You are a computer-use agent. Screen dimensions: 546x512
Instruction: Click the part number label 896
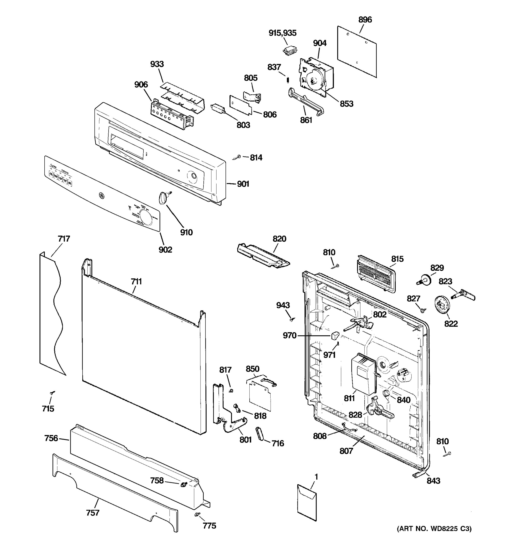point(365,20)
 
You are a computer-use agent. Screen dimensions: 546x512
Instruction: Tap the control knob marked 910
point(163,198)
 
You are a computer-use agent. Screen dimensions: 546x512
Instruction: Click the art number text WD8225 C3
point(434,529)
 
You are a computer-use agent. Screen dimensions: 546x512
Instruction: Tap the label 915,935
point(282,33)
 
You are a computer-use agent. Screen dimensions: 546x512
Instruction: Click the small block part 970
point(335,335)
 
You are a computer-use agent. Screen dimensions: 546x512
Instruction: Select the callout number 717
point(64,239)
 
